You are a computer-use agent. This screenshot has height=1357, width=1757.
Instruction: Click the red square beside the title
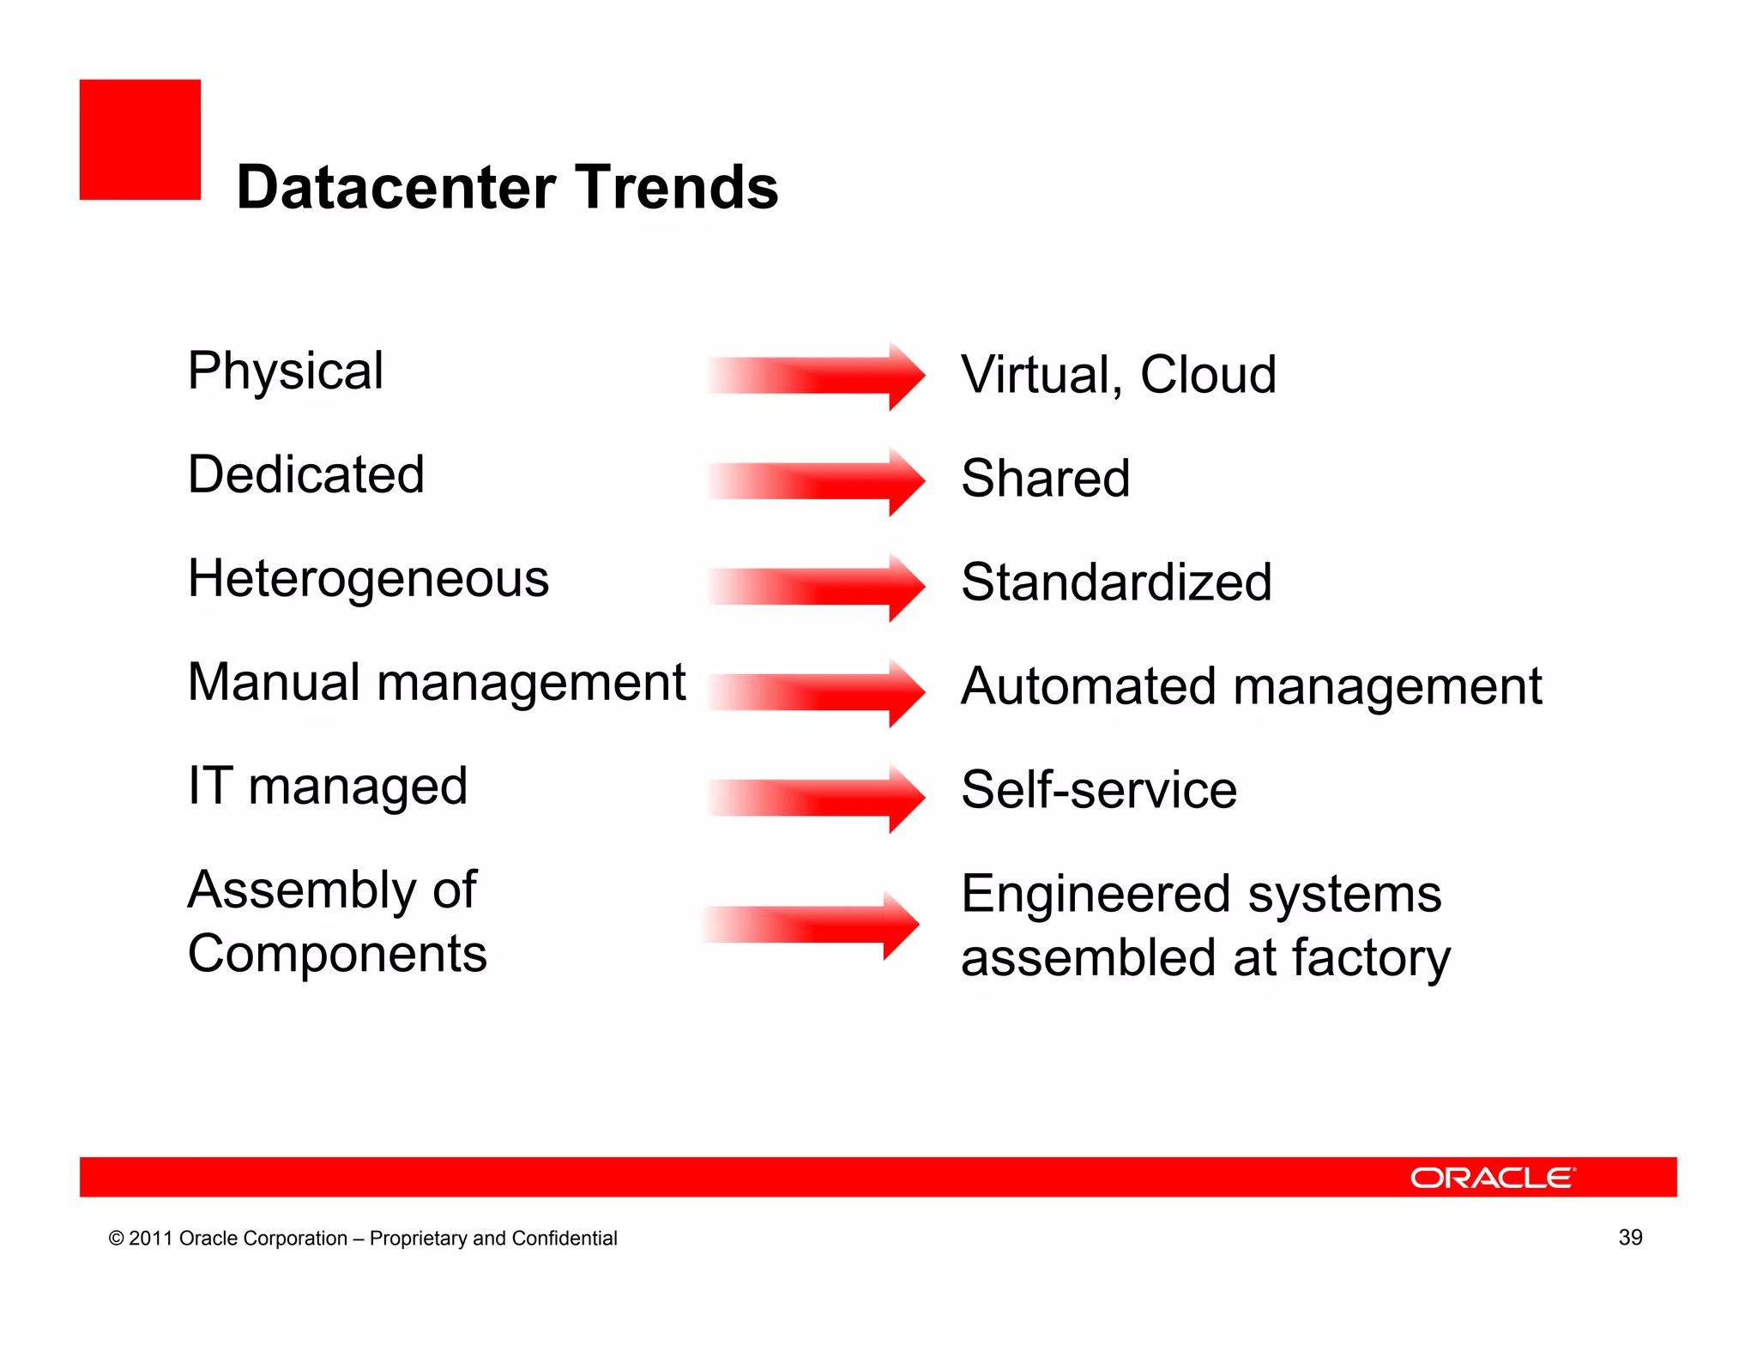coord(140,140)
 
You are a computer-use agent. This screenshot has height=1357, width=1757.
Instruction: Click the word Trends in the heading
coord(677,187)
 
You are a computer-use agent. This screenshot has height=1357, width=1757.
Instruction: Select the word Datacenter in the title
coord(395,187)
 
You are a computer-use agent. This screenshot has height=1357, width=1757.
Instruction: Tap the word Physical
coord(285,372)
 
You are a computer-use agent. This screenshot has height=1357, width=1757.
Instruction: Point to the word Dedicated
coord(306,474)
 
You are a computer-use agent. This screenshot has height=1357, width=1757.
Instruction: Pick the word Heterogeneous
coord(368,578)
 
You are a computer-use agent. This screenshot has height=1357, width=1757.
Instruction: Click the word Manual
coord(275,683)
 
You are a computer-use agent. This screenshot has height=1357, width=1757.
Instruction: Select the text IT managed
coord(328,787)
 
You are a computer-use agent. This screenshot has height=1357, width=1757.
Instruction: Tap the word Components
coord(337,955)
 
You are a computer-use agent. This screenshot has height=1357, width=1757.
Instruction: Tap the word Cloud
coord(1208,375)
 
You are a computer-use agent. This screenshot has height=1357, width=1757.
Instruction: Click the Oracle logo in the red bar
coord(1492,1178)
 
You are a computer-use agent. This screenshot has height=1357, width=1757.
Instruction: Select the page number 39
coord(1630,1237)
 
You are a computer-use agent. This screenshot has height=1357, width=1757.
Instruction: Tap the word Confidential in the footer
coord(564,1239)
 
